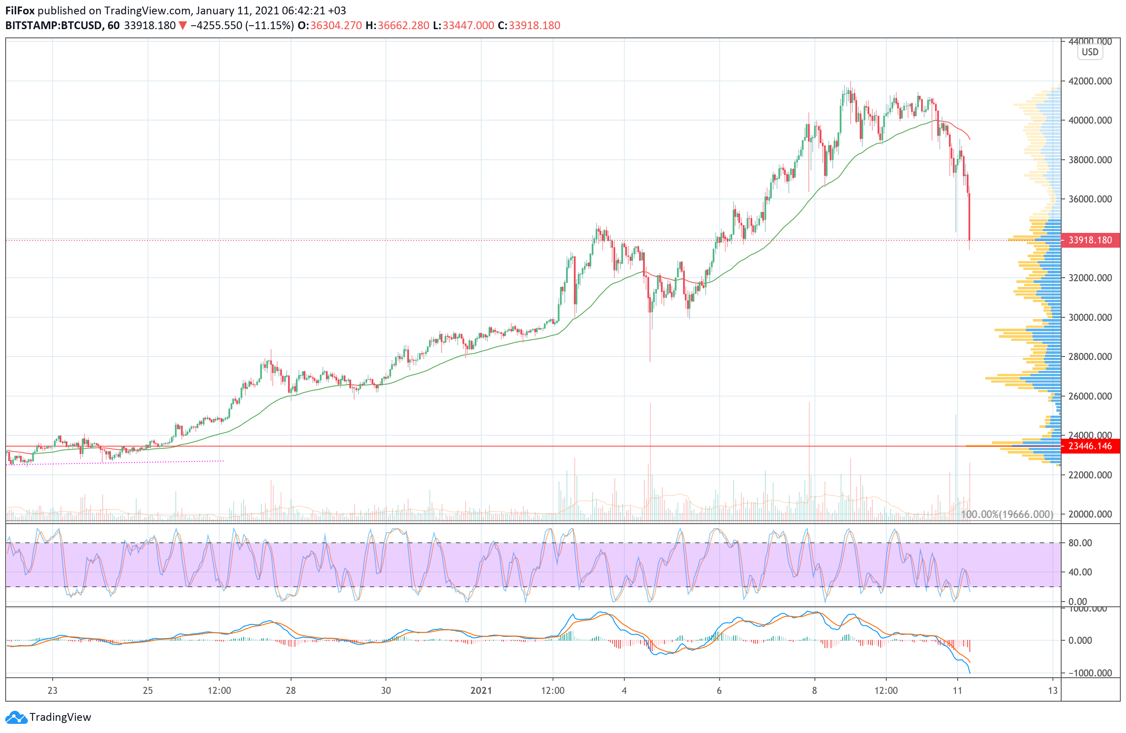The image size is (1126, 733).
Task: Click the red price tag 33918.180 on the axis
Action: pyautogui.click(x=1090, y=240)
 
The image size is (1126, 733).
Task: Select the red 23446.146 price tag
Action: pyautogui.click(x=1090, y=446)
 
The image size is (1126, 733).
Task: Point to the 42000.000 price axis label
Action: pyautogui.click(x=1090, y=81)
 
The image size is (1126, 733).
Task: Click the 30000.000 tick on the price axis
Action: pyautogui.click(x=1090, y=317)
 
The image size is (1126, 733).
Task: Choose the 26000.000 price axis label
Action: pyautogui.click(x=1090, y=396)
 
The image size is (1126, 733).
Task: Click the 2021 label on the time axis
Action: pyautogui.click(x=481, y=690)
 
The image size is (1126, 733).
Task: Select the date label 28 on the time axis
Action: pyautogui.click(x=291, y=690)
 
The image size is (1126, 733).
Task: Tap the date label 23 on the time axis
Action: pyautogui.click(x=53, y=690)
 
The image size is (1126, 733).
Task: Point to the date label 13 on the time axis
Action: pyautogui.click(x=1052, y=690)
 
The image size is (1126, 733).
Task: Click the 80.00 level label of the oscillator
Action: pyautogui.click(x=1080, y=543)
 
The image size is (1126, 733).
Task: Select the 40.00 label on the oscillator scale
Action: pyautogui.click(x=1080, y=572)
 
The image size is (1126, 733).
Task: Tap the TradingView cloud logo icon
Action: pyautogui.click(x=16, y=717)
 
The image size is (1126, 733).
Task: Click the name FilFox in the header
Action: pyautogui.click(x=20, y=10)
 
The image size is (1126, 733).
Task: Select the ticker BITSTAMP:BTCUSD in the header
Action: pyautogui.click(x=54, y=26)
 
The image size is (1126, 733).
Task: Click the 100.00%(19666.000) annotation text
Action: pyautogui.click(x=1007, y=514)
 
